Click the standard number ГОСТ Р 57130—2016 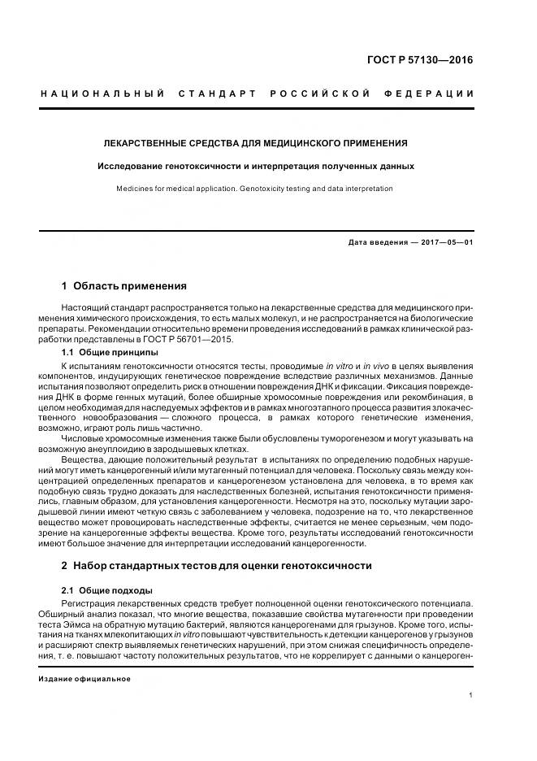click(419, 59)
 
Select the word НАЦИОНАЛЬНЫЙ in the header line click(102, 93)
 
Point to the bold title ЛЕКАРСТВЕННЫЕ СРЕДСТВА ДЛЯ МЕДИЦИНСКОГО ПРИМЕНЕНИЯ click(255, 143)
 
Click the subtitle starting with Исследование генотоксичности click(255, 166)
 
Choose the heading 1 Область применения click(123, 286)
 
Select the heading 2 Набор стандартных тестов click(216, 565)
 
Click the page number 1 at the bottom click(472, 695)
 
